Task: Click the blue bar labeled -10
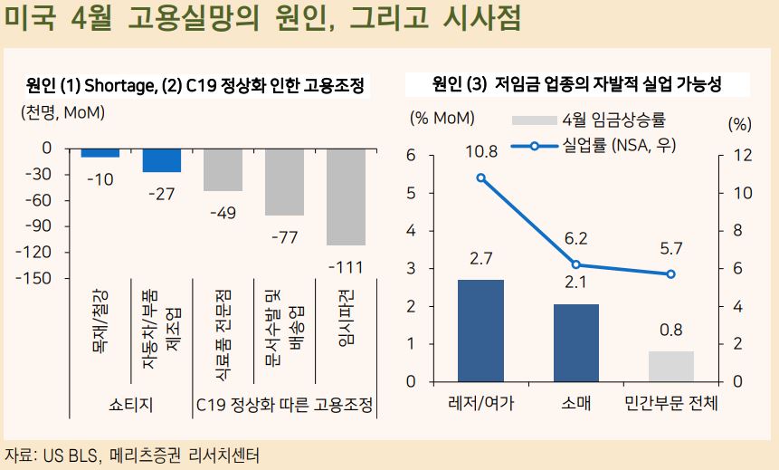(x=100, y=152)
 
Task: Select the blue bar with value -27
(x=161, y=159)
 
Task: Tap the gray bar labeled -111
(x=346, y=197)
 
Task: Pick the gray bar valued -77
(x=284, y=181)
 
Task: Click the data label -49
(x=222, y=213)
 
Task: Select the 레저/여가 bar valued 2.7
(x=480, y=330)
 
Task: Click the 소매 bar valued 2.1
(x=576, y=342)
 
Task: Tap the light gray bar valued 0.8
(x=670, y=366)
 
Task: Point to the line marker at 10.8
(x=480, y=177)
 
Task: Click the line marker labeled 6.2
(x=575, y=264)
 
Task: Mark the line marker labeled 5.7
(x=670, y=274)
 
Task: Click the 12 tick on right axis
(x=741, y=156)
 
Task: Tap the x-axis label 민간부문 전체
(x=671, y=403)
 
